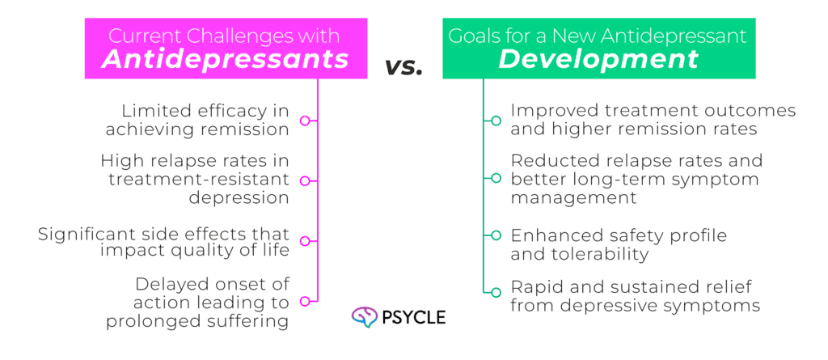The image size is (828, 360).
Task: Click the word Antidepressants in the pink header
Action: point(226,59)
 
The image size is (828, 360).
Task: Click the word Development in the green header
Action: point(599,59)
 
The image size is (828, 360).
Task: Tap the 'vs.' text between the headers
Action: point(404,66)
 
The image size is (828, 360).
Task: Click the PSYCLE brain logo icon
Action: point(365,316)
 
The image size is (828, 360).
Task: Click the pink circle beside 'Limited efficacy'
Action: point(305,121)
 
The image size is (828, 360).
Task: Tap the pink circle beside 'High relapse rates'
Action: point(305,180)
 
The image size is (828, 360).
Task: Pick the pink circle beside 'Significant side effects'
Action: point(305,241)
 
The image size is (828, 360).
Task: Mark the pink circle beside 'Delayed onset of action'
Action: point(305,301)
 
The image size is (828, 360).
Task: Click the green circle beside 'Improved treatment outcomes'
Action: point(496,121)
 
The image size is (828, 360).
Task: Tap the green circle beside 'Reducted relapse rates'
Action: point(496,178)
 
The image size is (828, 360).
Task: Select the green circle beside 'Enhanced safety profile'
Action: point(496,235)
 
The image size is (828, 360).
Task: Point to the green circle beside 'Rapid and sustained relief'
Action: point(496,292)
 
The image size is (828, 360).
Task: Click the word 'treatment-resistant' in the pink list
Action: point(199,180)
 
